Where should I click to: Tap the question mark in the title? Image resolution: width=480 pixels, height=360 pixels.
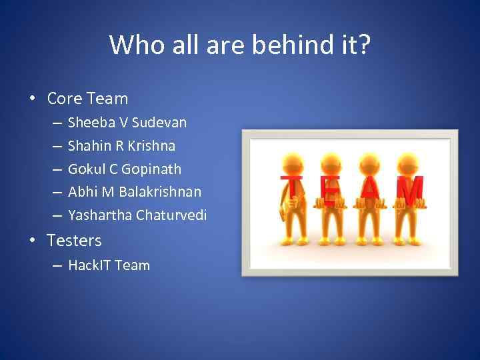(363, 45)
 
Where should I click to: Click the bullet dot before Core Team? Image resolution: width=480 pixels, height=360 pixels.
(31, 99)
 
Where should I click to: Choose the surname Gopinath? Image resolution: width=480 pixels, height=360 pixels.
(151, 169)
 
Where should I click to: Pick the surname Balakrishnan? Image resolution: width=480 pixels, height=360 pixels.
(160, 192)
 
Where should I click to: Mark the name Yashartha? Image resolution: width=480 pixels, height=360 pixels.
(99, 215)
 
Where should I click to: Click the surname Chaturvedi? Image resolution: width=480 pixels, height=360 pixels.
(171, 215)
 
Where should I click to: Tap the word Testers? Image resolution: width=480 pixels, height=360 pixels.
(74, 241)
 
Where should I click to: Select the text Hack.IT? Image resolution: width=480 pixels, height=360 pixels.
(89, 265)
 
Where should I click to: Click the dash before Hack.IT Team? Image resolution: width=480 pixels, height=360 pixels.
(57, 265)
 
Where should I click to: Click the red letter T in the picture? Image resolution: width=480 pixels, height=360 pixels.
(291, 188)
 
